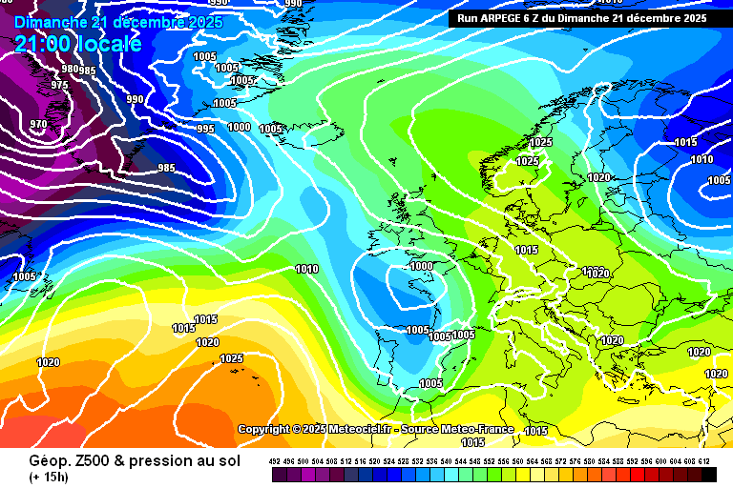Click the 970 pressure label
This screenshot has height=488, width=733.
(38, 124)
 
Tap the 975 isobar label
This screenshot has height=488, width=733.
(59, 85)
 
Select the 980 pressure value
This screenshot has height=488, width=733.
(70, 69)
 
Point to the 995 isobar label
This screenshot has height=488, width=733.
(205, 129)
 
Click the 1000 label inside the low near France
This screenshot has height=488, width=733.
(421, 267)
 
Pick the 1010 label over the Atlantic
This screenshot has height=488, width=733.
(306, 269)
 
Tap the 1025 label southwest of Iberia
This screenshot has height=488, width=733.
(231, 358)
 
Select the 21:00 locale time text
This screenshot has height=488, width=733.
(77, 44)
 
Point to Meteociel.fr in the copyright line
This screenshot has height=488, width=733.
(363, 430)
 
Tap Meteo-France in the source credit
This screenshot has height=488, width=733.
(475, 430)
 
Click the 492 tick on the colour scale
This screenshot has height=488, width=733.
(275, 461)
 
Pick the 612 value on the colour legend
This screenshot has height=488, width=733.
(705, 461)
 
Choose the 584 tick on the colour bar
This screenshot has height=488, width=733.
(605, 461)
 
